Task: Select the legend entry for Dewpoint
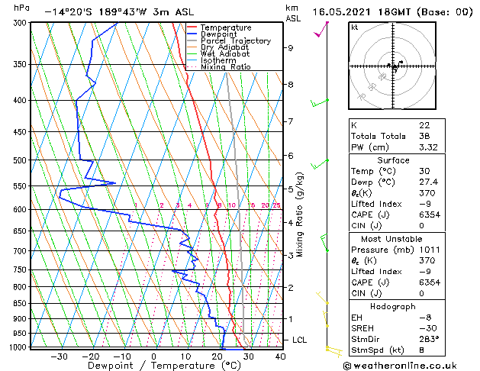point(220,34)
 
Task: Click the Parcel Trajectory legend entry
point(235,41)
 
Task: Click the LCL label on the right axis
point(300,340)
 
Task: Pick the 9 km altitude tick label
point(291,47)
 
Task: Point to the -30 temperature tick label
point(59,356)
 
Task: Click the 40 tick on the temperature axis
point(280,356)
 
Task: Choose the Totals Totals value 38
point(424,136)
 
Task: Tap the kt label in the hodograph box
point(355,27)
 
